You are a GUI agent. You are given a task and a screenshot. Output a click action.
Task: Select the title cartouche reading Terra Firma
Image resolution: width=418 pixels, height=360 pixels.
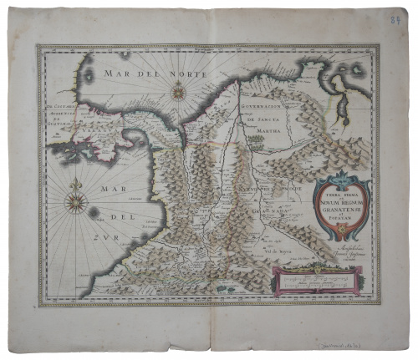[x=339, y=201]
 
